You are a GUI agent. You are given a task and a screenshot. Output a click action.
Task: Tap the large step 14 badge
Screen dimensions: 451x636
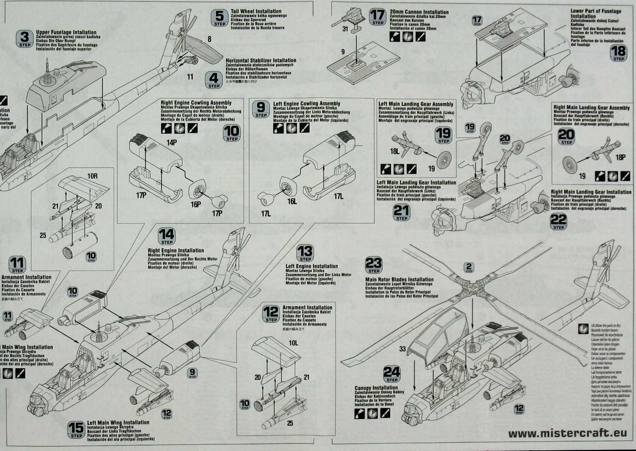[x=167, y=237]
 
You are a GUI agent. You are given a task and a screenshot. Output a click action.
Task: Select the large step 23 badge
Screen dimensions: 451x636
[x=374, y=265]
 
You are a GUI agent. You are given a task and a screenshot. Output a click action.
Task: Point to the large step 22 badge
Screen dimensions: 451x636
[x=559, y=221]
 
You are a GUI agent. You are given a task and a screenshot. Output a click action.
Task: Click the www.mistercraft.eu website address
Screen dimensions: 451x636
[x=568, y=434]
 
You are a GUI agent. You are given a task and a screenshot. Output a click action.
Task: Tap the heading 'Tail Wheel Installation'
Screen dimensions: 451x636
[x=256, y=11]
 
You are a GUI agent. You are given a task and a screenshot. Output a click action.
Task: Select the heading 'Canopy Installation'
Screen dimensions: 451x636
[x=376, y=388]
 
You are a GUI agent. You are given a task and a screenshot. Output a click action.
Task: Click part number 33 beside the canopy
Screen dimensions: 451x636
[x=402, y=349]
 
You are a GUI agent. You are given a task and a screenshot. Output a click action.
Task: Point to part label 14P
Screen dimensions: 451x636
[x=172, y=142]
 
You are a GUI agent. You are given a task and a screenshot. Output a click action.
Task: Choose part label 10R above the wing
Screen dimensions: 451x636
[x=93, y=176]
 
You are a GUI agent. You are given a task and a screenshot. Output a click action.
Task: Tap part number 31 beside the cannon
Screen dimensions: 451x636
[x=345, y=29]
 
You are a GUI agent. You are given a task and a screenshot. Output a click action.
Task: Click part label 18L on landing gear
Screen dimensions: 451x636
[x=394, y=151]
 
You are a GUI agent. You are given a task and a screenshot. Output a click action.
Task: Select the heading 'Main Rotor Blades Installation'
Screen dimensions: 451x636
[x=399, y=279]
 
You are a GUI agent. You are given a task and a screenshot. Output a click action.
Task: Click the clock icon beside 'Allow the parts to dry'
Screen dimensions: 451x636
[x=583, y=329]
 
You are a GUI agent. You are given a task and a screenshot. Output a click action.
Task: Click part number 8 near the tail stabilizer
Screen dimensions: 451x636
[x=209, y=39]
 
